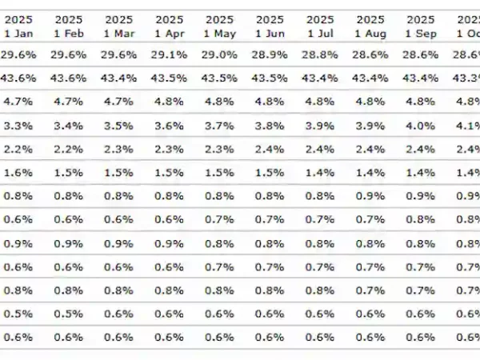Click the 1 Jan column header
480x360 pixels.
[x=18, y=26]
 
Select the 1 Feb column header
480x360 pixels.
[x=68, y=26]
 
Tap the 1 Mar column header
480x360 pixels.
[x=118, y=26]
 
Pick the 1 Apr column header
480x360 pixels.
[x=169, y=26]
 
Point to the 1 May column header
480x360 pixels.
[x=219, y=26]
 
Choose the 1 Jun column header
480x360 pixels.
[x=270, y=26]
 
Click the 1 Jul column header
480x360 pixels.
[x=320, y=26]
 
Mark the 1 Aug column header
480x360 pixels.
[x=370, y=26]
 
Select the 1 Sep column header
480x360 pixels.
[x=421, y=26]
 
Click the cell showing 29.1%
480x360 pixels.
[x=169, y=55]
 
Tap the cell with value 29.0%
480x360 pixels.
[x=219, y=55]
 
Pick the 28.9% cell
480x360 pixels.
[x=270, y=55]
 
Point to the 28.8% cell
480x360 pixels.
[x=320, y=55]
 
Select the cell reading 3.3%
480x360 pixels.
[x=18, y=126]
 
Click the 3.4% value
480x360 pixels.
[x=68, y=126]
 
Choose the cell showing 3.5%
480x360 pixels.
[x=118, y=126]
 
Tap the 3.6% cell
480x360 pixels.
[x=169, y=126]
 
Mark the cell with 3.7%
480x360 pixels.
[x=219, y=126]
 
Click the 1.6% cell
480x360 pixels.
[x=18, y=173]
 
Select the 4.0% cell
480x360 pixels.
[x=421, y=126]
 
